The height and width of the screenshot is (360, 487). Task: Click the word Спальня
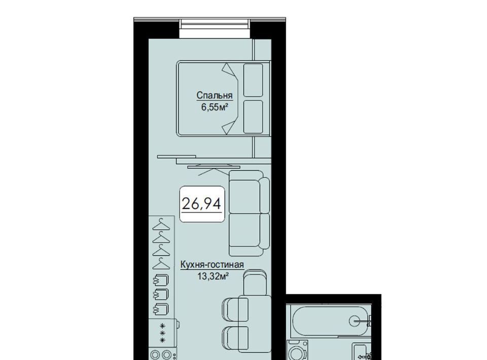214,95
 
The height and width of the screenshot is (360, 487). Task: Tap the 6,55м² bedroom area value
215,107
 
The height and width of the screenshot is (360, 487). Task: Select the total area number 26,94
201,204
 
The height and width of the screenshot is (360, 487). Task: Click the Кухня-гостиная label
212,265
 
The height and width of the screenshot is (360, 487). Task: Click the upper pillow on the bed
253,80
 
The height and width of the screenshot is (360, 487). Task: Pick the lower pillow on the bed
253,117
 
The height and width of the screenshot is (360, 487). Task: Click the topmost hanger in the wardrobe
161,225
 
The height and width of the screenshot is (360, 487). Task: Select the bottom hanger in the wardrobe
161,264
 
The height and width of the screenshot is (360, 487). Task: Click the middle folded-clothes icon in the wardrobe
161,294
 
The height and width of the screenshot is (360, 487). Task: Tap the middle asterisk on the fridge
162,333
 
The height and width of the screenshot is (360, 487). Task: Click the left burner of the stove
155,354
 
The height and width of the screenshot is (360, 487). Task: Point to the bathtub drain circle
355,320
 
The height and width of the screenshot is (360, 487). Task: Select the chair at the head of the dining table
255,282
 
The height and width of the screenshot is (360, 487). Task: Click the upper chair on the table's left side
235,309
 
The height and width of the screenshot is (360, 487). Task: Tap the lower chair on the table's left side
235,339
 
